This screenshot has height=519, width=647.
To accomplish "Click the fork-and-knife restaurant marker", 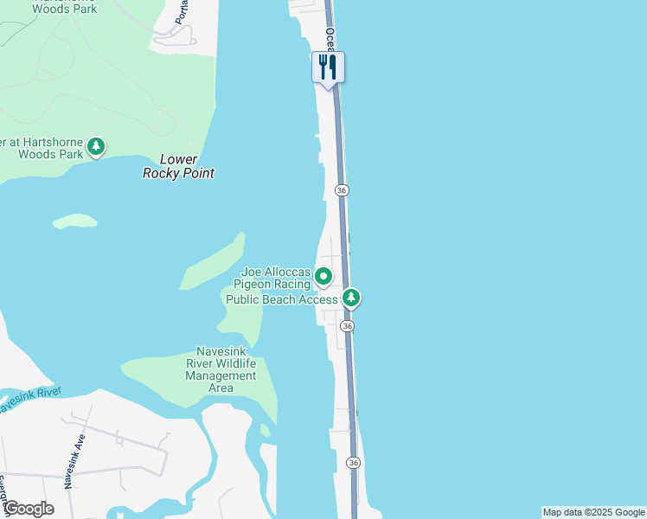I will click(x=328, y=67).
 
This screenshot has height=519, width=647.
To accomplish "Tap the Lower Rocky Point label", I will click(x=178, y=166).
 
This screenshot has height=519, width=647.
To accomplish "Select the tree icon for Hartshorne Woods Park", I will click(x=97, y=146).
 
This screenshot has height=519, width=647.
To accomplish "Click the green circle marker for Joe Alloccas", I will click(x=323, y=277).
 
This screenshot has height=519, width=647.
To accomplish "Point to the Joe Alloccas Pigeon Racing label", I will click(x=275, y=277).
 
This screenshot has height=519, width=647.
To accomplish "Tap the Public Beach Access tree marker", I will click(x=350, y=298).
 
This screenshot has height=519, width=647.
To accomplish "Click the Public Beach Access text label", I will click(x=281, y=299).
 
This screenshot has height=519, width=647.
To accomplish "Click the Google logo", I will click(x=29, y=509).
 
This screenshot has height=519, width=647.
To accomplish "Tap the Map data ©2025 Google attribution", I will click(x=593, y=512).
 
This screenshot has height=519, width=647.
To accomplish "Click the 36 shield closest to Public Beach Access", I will click(x=347, y=326).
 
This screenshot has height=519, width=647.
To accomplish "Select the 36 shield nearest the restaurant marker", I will click(x=342, y=189).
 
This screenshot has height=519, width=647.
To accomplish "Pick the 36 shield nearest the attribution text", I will click(x=353, y=463).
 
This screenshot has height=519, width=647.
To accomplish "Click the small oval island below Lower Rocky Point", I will click(x=75, y=221).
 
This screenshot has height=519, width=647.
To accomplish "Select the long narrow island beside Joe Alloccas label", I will click(x=213, y=261).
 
